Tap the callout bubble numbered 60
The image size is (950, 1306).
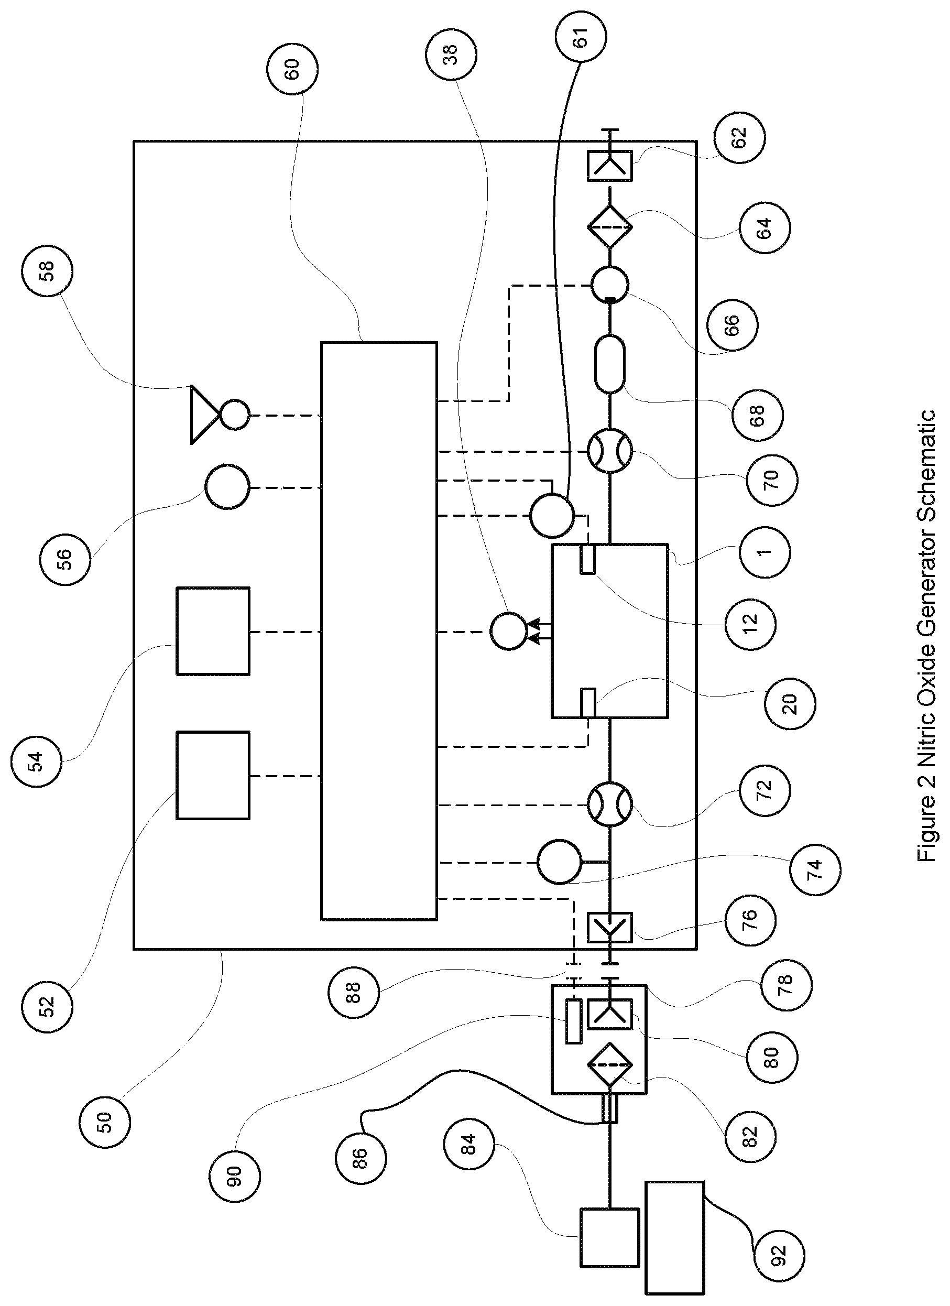pos(292,69)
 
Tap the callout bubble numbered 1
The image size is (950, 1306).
pos(764,551)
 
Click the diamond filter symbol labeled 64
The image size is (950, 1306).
pos(609,227)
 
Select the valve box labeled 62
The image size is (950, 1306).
pos(609,165)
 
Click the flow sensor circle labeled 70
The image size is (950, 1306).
pos(609,451)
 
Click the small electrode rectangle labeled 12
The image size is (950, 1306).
pos(588,559)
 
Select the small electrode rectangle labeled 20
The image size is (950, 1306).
pos(588,702)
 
